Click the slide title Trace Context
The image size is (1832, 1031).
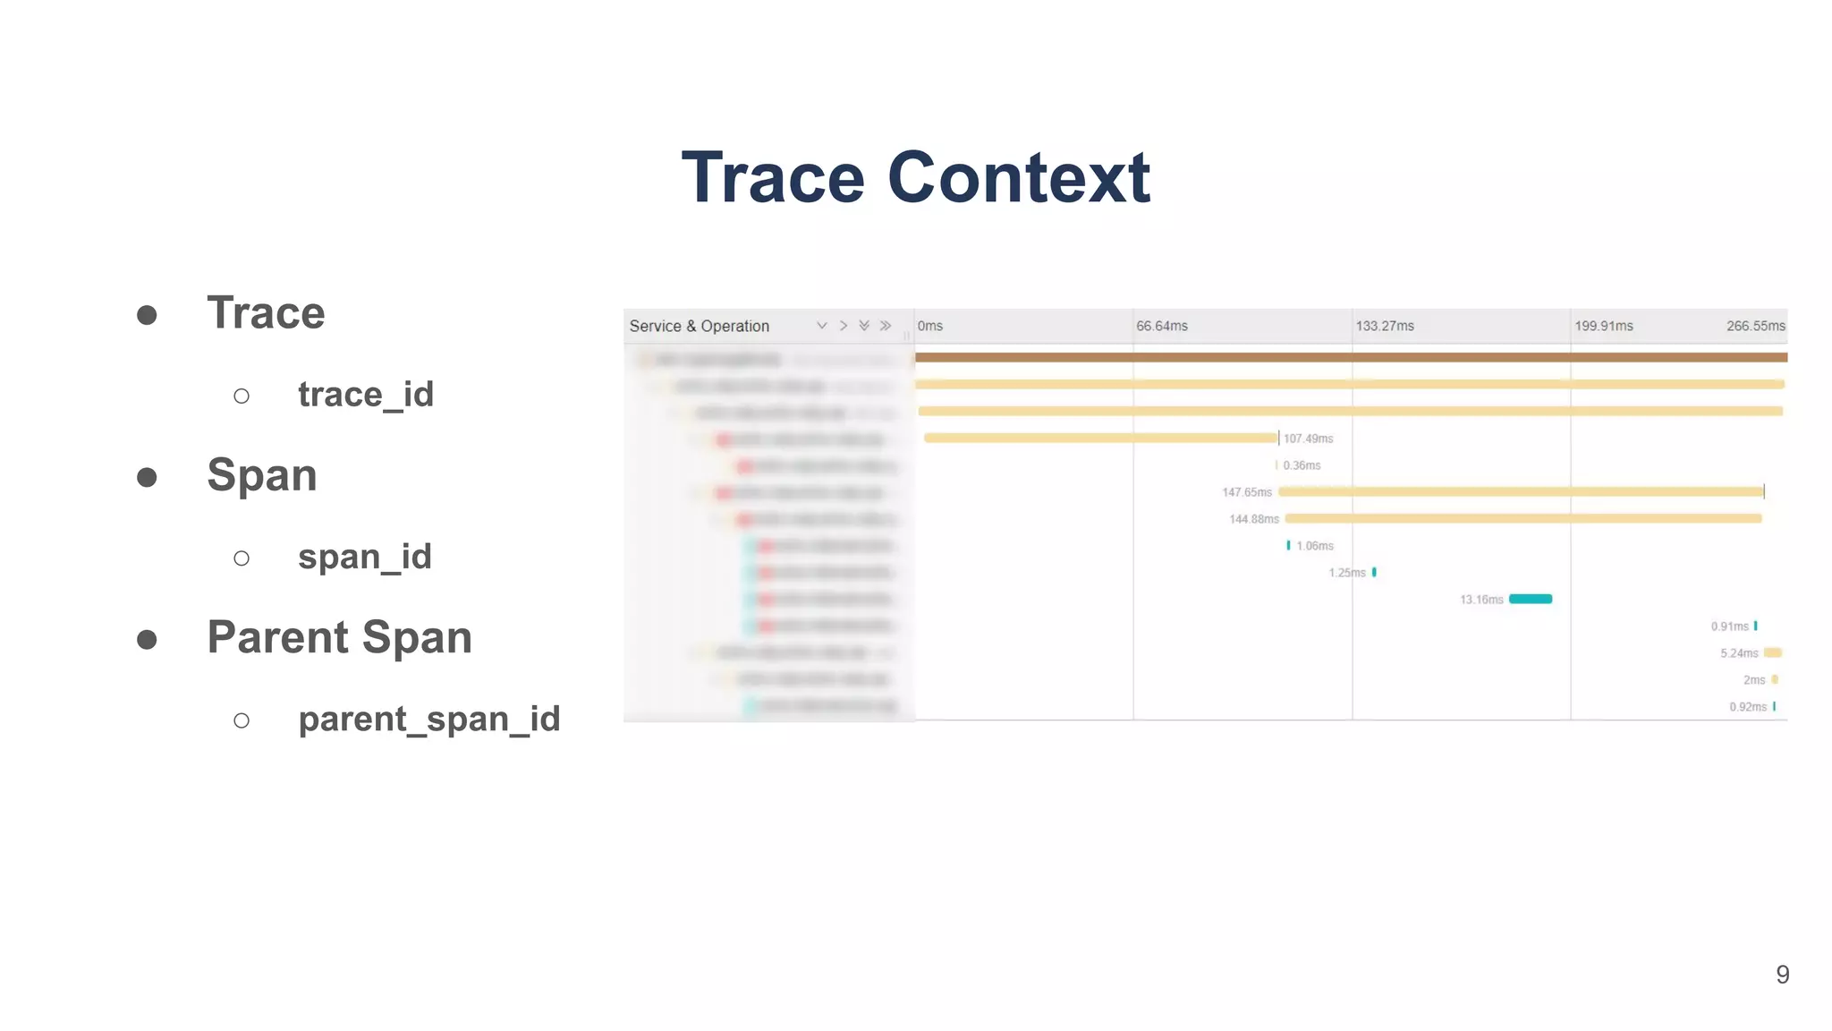click(x=915, y=177)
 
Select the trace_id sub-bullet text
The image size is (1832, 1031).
click(x=365, y=395)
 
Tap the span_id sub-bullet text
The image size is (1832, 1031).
click(x=364, y=557)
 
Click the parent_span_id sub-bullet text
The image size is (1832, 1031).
click(x=428, y=719)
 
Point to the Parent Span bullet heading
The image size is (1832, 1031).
click(x=339, y=637)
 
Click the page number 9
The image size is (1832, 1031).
click(x=1782, y=975)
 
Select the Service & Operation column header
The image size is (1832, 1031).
click(x=699, y=326)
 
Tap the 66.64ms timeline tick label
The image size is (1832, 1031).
click(x=1161, y=326)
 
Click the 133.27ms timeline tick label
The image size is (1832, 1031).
click(x=1384, y=326)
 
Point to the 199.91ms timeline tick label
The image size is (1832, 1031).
click(x=1603, y=326)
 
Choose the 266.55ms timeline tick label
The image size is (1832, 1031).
click(x=1755, y=326)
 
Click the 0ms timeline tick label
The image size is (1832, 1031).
click(x=929, y=326)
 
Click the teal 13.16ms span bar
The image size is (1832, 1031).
click(x=1530, y=599)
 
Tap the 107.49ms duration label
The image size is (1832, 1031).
click(x=1308, y=439)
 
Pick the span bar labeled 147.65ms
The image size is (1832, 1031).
click(x=1521, y=491)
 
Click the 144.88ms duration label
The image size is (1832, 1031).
click(x=1253, y=519)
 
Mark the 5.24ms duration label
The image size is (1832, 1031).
click(x=1738, y=653)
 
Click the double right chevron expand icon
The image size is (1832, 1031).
click(x=886, y=326)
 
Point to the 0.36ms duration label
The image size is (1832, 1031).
click(x=1302, y=465)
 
